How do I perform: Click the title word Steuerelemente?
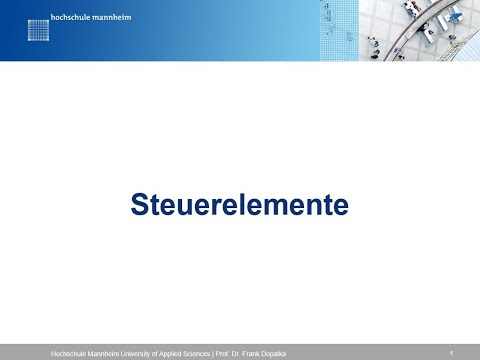coord(240,205)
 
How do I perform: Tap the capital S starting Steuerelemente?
coord(139,205)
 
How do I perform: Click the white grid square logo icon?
coord(38,29)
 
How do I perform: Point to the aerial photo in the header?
coord(420,30)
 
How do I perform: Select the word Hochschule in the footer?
coord(68,354)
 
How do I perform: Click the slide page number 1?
coord(452,353)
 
